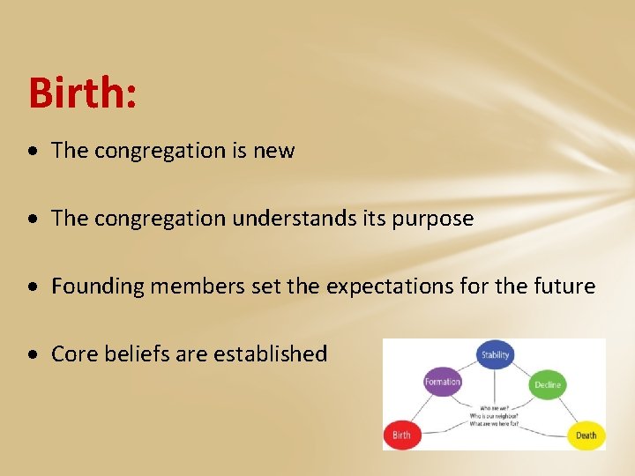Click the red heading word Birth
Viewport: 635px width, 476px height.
82,93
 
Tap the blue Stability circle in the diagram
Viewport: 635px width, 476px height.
495,355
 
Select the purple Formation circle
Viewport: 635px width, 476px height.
442,382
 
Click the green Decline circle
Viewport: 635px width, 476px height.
547,384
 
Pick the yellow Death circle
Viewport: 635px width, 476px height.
585,435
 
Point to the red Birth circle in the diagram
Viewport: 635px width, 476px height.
401,435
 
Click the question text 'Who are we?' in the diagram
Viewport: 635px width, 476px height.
493,408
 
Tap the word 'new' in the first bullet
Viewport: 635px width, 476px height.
274,151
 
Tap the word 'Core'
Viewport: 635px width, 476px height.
73,354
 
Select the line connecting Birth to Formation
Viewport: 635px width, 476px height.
420,410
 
